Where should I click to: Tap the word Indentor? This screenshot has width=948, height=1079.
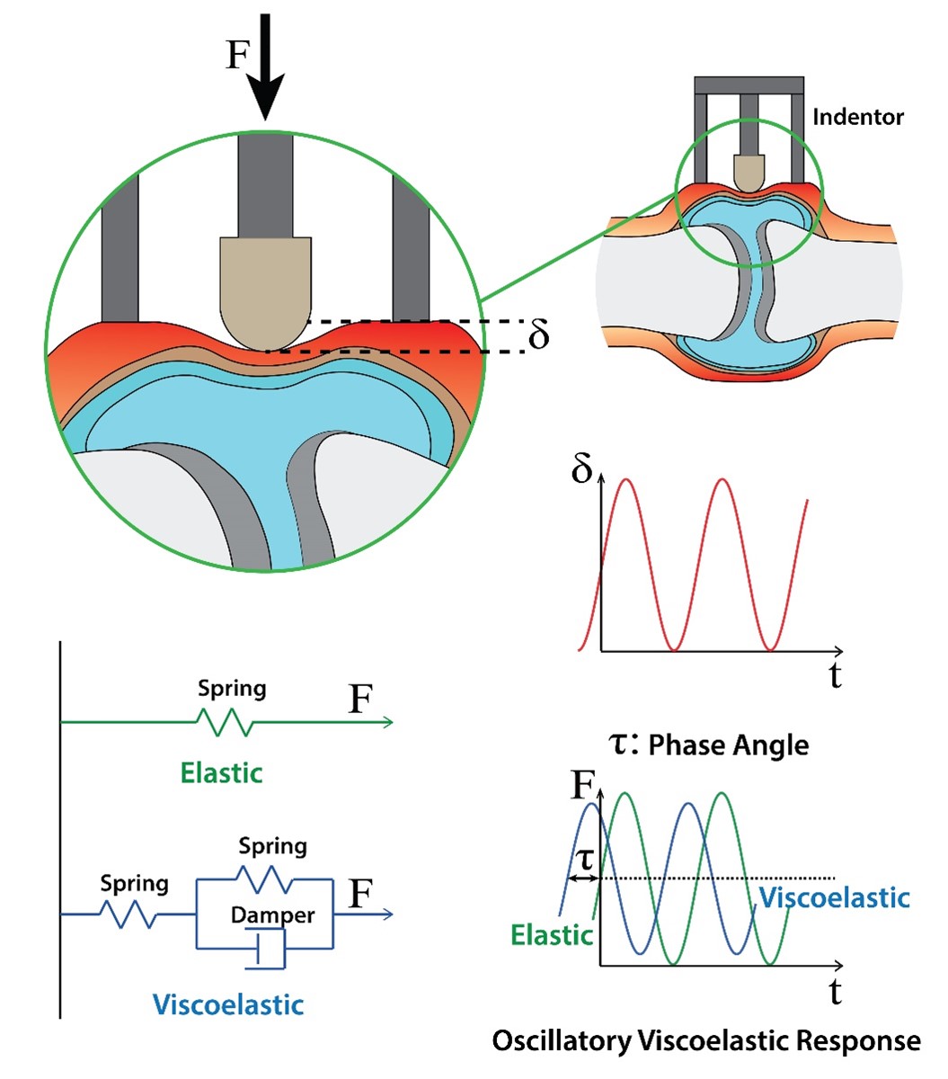[x=857, y=117]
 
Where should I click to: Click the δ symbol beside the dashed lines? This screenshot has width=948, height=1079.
[x=538, y=335]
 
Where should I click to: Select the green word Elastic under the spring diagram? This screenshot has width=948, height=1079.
[x=221, y=773]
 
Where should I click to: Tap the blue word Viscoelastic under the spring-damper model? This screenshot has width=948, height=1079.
[x=228, y=1004]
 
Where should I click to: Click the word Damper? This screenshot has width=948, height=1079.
[x=272, y=915]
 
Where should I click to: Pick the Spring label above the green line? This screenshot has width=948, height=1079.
[x=232, y=690]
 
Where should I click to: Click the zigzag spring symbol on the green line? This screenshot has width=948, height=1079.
[x=224, y=722]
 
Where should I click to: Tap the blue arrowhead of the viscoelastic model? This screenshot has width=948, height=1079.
[x=386, y=914]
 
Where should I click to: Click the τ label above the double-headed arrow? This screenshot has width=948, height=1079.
[x=584, y=858]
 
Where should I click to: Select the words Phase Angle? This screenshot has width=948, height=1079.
[x=728, y=745]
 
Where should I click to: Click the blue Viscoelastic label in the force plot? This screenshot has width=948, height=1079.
[x=834, y=897]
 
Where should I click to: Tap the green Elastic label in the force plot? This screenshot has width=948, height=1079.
[x=552, y=935]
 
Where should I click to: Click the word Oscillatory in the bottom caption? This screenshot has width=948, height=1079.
[x=560, y=1041]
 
